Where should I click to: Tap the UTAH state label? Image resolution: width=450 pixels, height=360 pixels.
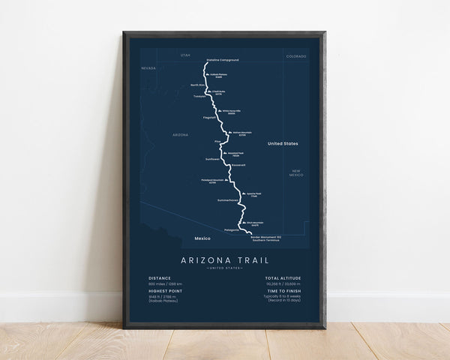[186, 55]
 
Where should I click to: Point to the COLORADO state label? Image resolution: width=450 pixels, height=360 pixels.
[295, 55]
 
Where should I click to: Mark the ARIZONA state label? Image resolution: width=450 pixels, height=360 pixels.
[180, 134]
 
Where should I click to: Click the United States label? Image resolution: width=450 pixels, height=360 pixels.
[283, 142]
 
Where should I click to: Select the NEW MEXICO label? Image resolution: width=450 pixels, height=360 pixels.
[296, 173]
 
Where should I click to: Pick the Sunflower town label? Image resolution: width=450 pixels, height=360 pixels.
[213, 158]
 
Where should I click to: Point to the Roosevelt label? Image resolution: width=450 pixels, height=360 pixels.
[239, 164]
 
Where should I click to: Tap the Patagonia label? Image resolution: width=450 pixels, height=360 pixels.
[232, 229]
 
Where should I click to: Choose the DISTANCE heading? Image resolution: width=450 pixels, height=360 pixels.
[159, 277]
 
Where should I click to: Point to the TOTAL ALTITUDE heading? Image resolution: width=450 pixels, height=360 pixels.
[283, 277]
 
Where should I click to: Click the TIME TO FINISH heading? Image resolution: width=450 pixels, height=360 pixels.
[282, 292]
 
